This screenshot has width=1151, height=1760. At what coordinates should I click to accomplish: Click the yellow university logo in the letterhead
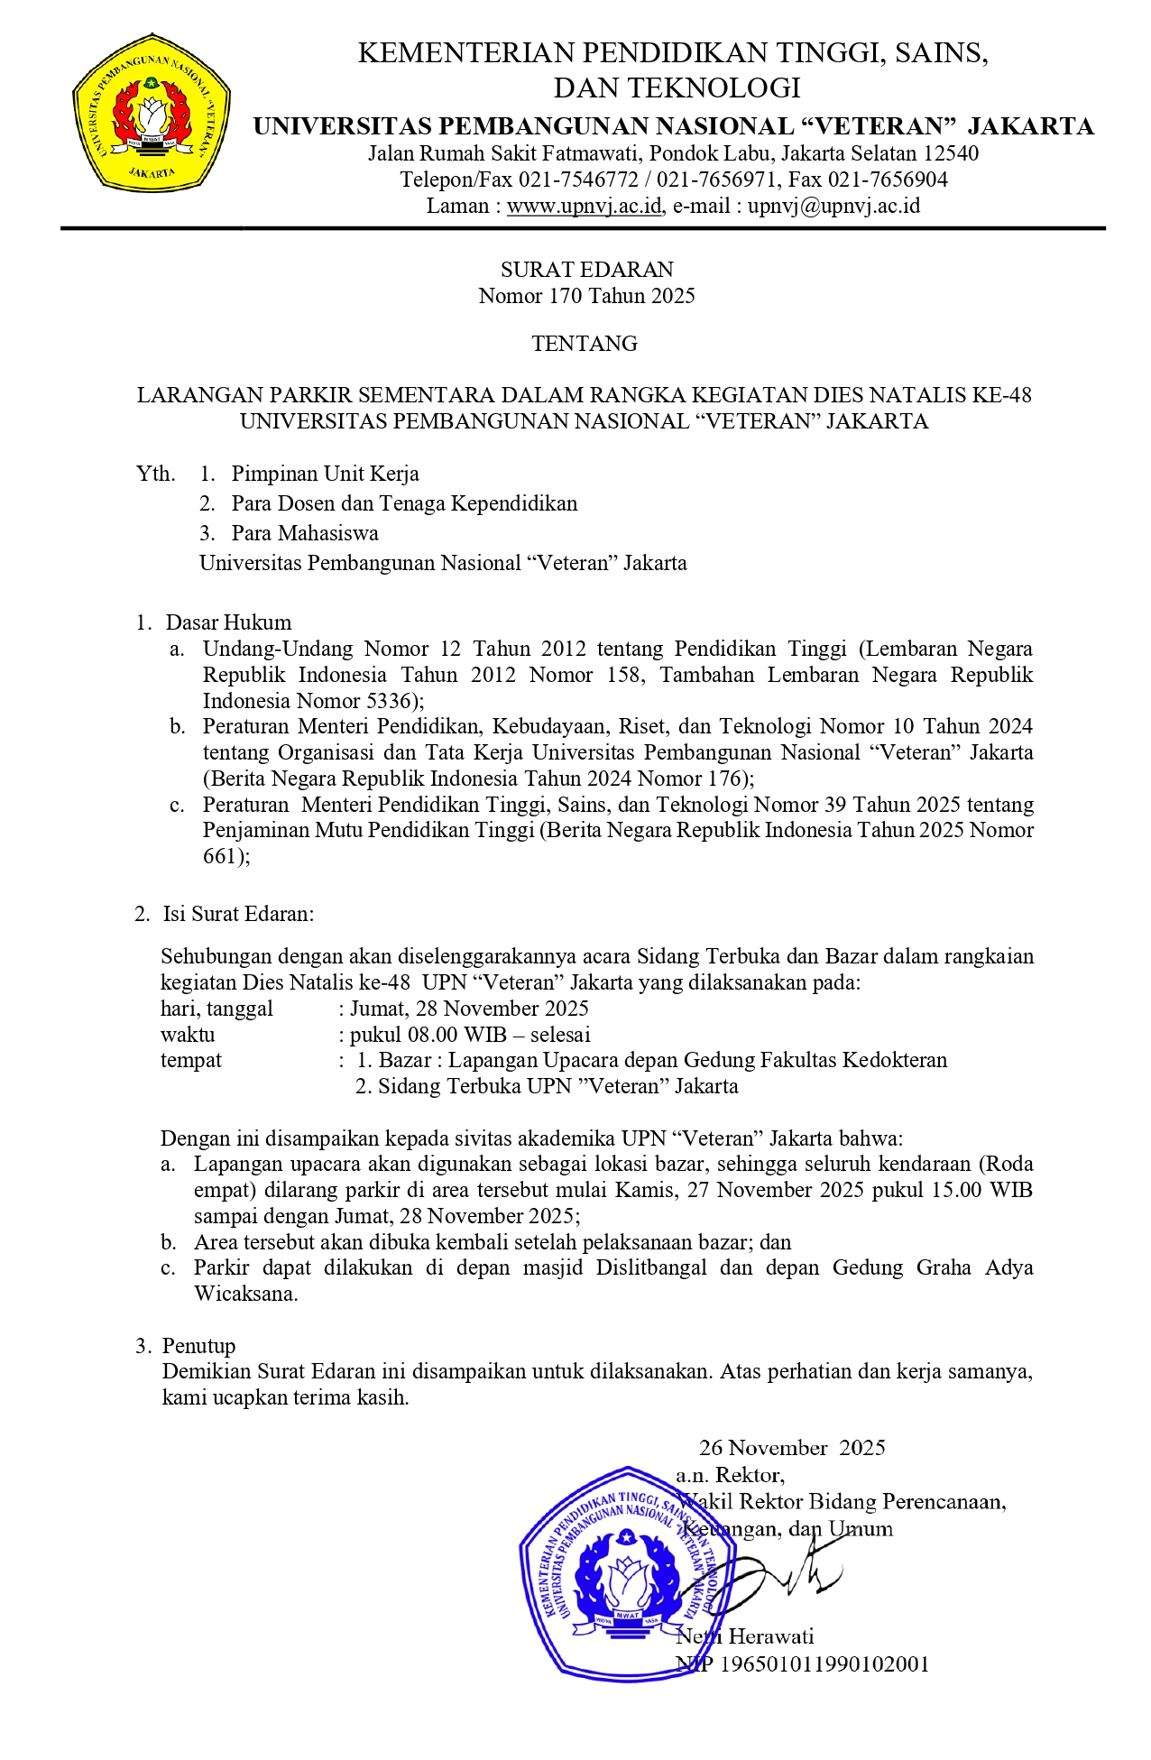coord(151,112)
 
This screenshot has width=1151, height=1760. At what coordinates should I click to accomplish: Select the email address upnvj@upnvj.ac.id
coord(833,206)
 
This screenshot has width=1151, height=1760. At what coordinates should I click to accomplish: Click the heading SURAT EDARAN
coord(586,270)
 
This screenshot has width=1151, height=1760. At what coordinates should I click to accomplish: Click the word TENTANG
coord(585,344)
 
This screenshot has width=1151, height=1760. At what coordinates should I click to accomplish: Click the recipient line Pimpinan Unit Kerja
coord(325,474)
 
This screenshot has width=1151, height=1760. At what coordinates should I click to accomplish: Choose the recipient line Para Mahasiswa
coord(305,533)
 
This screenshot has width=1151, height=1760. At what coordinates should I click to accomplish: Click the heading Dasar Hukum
coord(228,622)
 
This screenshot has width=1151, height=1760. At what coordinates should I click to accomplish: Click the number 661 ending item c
coord(219,856)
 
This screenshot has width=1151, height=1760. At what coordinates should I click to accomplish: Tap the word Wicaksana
coord(244,1294)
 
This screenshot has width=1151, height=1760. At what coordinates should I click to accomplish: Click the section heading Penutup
coord(198,1346)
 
